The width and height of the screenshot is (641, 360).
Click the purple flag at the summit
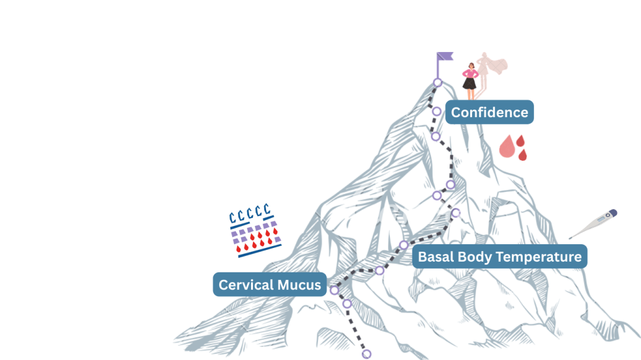[x=445, y=58]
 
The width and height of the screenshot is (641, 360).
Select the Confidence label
[x=490, y=113]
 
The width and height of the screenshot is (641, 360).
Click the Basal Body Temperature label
[x=500, y=257]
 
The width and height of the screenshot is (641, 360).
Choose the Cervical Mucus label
[x=270, y=285]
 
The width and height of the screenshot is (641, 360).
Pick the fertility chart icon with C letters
[x=254, y=230]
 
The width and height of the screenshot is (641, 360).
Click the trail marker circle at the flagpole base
[x=438, y=83]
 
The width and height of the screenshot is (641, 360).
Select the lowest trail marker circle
[x=367, y=354]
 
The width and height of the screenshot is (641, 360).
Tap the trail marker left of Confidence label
[x=436, y=111]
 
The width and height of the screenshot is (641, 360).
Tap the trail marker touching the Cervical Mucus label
[x=334, y=290]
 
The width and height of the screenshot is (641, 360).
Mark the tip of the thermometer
[x=570, y=237]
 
